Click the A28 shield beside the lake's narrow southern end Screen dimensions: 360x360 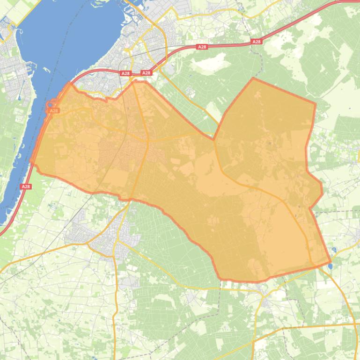point(26,187)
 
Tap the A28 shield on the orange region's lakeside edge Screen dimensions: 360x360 point(53,111)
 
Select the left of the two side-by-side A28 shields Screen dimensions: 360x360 point(125,73)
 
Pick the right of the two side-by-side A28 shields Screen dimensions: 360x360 point(146,73)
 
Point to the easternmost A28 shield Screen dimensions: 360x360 point(256,42)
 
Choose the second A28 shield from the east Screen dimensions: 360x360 point(202,47)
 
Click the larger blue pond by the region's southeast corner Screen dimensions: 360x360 point(331,266)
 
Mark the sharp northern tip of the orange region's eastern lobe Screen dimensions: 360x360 point(253,78)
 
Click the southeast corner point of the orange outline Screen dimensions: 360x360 point(331,262)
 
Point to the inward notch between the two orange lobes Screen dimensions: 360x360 point(214,139)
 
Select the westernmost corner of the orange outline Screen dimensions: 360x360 point(31,162)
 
